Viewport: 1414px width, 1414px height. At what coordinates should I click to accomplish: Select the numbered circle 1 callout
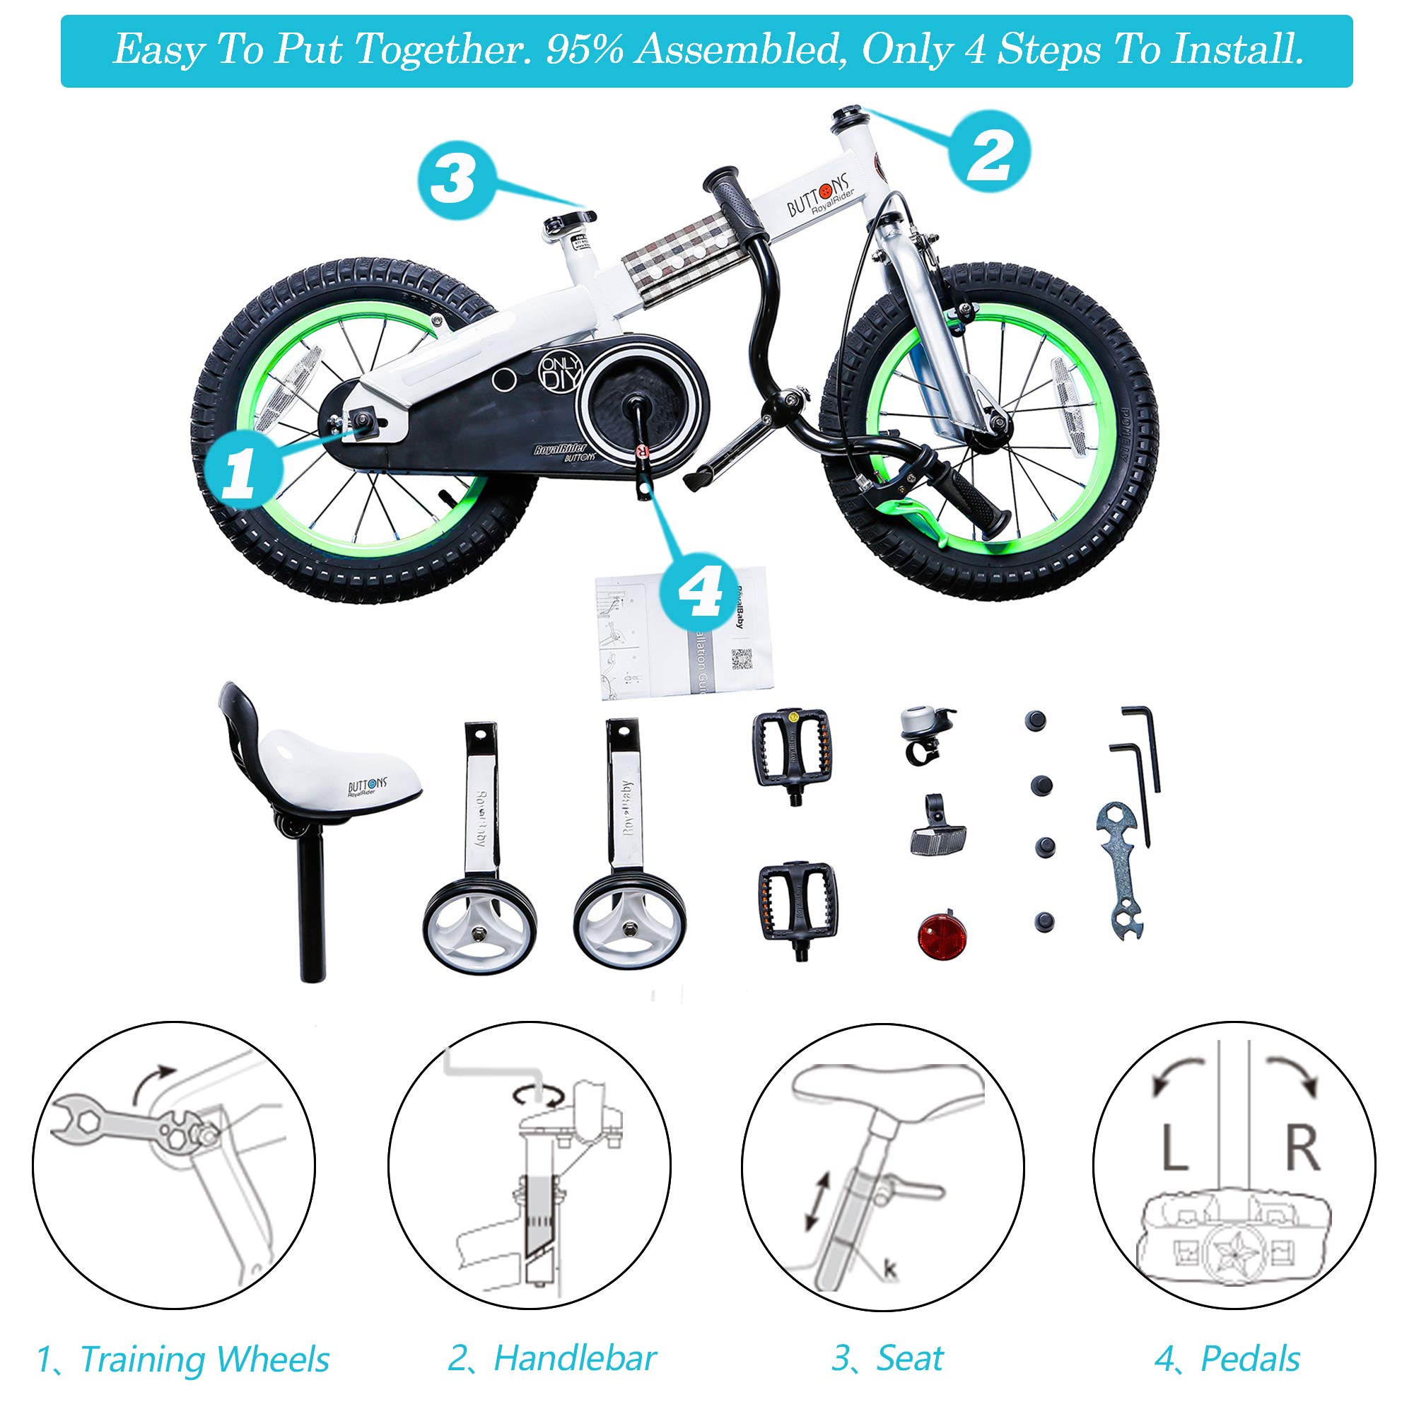[242, 472]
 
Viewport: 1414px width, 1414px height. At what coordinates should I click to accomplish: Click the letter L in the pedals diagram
[1174, 1148]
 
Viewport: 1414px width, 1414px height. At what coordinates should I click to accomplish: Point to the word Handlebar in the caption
[575, 1358]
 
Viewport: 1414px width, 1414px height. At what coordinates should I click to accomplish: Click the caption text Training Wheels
[204, 1360]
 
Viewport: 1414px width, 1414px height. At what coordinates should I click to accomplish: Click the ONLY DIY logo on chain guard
[561, 373]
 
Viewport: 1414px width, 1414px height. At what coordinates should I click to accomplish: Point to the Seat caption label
[910, 1358]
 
